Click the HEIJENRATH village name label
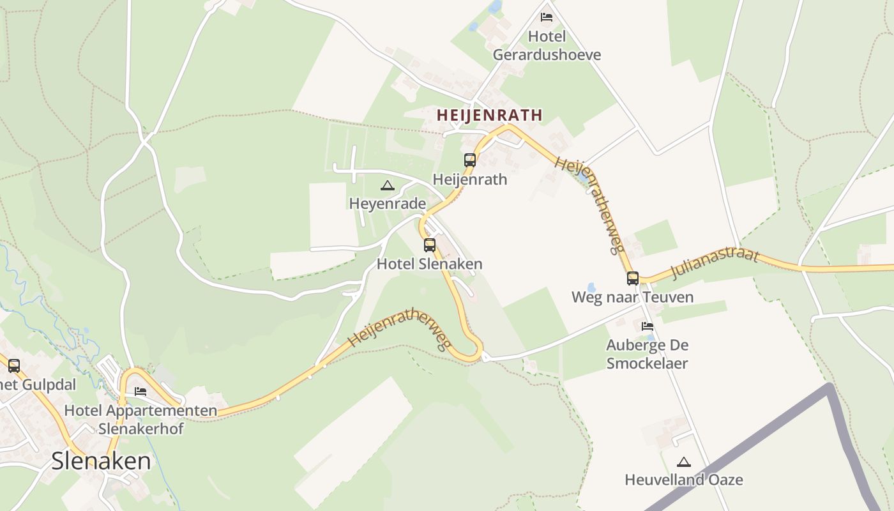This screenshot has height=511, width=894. (x=489, y=115)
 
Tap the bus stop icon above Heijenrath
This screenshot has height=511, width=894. (x=470, y=160)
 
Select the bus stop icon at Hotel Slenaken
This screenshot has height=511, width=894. (x=430, y=245)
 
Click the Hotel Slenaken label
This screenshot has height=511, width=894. (x=429, y=264)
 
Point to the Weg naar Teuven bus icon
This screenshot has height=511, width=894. (x=632, y=278)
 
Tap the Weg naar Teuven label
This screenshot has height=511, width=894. (x=632, y=297)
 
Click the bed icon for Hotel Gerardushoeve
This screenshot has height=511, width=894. (x=547, y=17)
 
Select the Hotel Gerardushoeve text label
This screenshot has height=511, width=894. (x=547, y=46)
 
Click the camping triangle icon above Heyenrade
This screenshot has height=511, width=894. (x=386, y=186)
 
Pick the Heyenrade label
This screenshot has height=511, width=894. (x=387, y=204)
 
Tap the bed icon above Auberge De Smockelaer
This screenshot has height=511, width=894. (x=647, y=326)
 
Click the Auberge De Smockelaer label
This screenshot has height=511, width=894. (x=647, y=355)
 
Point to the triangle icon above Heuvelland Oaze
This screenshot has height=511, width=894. (x=684, y=462)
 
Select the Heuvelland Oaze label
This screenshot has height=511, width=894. (x=684, y=480)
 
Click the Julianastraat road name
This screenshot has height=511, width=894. (x=715, y=264)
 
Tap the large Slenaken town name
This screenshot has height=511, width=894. (x=101, y=461)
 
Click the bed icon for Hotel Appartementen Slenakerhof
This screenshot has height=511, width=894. (x=140, y=391)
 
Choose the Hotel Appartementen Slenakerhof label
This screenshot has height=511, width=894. (x=140, y=419)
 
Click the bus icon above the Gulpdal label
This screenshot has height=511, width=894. (x=13, y=366)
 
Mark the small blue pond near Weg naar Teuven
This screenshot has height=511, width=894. (x=591, y=288)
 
